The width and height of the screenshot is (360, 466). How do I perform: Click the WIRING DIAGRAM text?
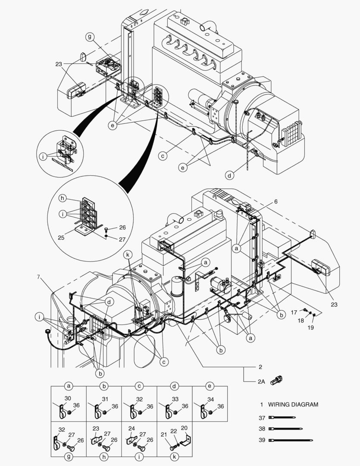pos(293,405)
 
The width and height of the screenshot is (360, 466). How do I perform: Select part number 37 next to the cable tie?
pos(262,418)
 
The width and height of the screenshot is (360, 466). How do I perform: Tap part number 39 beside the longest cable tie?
pos(262,440)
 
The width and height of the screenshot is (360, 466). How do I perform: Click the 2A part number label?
pos(261,381)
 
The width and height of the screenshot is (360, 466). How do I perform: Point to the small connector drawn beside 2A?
pos(276,381)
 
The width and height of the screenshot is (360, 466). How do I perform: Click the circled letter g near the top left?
pos(90,37)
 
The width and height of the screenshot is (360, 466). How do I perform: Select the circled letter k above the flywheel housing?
pos(128,255)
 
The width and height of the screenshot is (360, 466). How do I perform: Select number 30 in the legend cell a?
pos(67,399)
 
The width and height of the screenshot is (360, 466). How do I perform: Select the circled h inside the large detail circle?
pos(63,198)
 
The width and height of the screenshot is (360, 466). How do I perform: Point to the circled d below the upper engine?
pos(230,175)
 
